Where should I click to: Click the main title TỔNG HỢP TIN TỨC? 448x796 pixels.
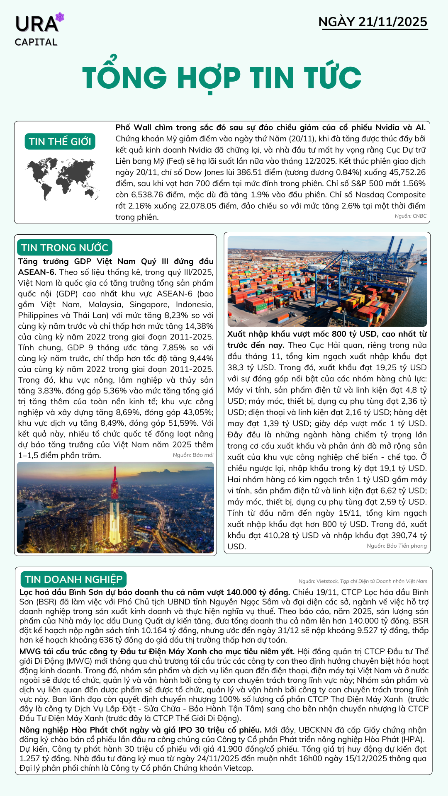coord(222,78)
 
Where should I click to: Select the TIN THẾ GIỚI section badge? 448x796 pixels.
coord(60,141)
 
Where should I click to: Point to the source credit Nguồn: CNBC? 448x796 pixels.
coord(410,216)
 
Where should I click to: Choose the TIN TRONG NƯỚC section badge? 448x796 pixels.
coord(65,248)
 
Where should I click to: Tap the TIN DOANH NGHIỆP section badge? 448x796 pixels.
coord(73,579)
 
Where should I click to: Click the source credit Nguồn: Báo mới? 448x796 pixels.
coord(193,455)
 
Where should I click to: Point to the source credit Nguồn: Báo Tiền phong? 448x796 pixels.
coord(397,546)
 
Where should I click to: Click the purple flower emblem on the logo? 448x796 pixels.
coord(60,17)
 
